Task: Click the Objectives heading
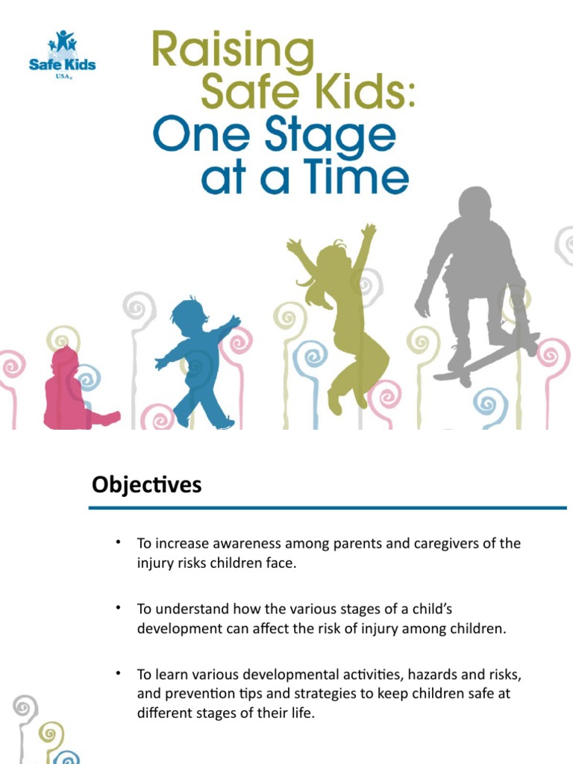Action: pos(147,486)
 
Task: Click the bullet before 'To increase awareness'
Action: pos(119,542)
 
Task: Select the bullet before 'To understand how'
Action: pos(119,608)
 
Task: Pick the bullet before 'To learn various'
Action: pos(119,674)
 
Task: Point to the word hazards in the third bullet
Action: pos(422,674)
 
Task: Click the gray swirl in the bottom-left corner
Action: pos(25,706)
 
